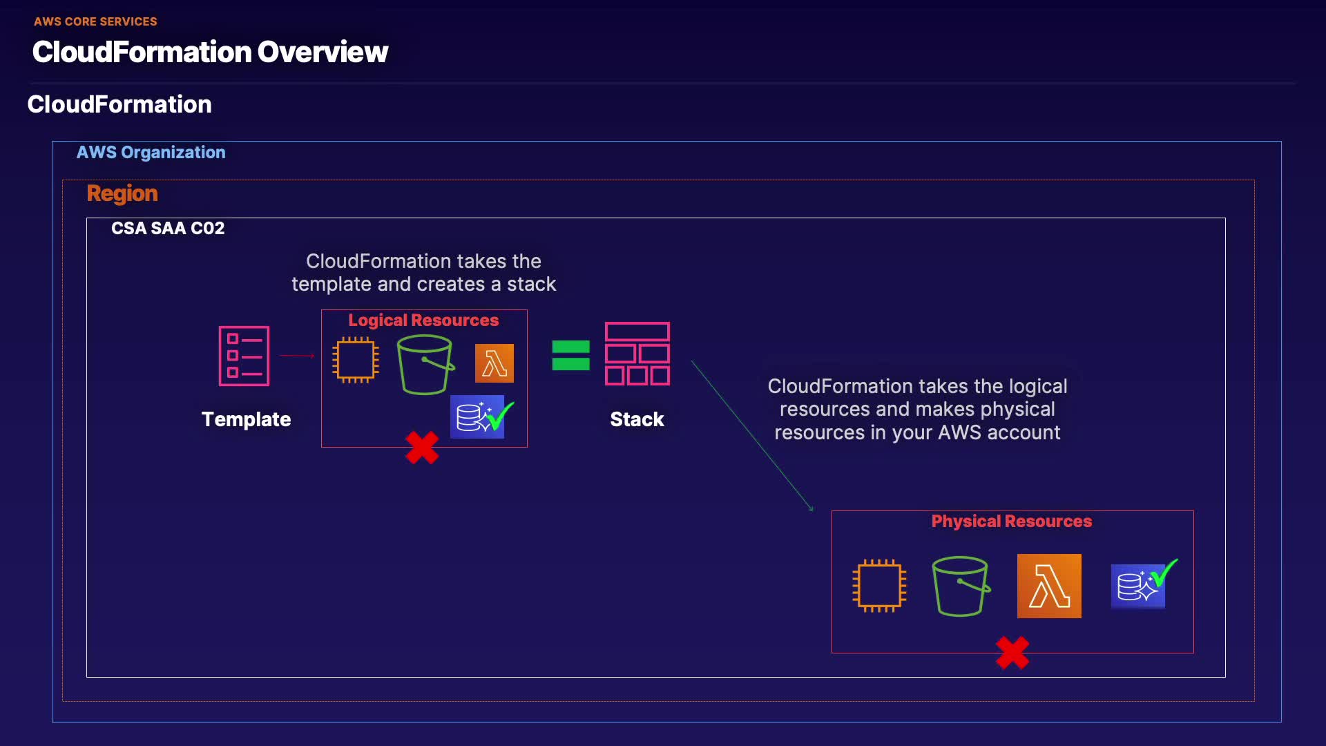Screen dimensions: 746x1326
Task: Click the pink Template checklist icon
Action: pyautogui.click(x=244, y=356)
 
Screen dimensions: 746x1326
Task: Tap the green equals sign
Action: pyautogui.click(x=570, y=356)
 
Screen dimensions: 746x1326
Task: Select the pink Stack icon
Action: pyautogui.click(x=637, y=354)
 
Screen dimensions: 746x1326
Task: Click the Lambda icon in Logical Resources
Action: pyautogui.click(x=494, y=363)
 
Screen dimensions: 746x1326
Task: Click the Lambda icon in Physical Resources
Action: pyautogui.click(x=1049, y=586)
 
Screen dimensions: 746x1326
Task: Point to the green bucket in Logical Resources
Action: pyautogui.click(x=425, y=365)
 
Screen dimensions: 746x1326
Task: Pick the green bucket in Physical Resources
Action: pyautogui.click(x=961, y=586)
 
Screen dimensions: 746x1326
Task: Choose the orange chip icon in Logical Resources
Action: pyautogui.click(x=356, y=360)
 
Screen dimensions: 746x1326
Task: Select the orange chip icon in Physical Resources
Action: pyautogui.click(x=879, y=586)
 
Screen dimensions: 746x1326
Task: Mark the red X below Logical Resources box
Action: pyautogui.click(x=422, y=448)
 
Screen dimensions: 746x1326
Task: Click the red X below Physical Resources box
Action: pyautogui.click(x=1012, y=653)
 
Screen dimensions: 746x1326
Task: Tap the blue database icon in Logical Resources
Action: pyautogui.click(x=477, y=417)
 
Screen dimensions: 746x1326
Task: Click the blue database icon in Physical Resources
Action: pyautogui.click(x=1137, y=586)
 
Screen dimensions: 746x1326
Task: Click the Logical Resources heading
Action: pyautogui.click(x=423, y=321)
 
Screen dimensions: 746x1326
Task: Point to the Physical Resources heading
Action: pyautogui.click(x=1012, y=522)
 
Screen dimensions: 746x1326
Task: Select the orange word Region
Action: pyautogui.click(x=122, y=193)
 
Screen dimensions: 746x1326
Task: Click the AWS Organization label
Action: pyautogui.click(x=151, y=153)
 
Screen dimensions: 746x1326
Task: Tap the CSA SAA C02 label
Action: pyautogui.click(x=168, y=229)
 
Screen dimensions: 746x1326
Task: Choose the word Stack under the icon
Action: pyautogui.click(x=637, y=419)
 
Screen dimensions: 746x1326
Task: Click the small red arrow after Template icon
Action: pyautogui.click(x=298, y=356)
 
